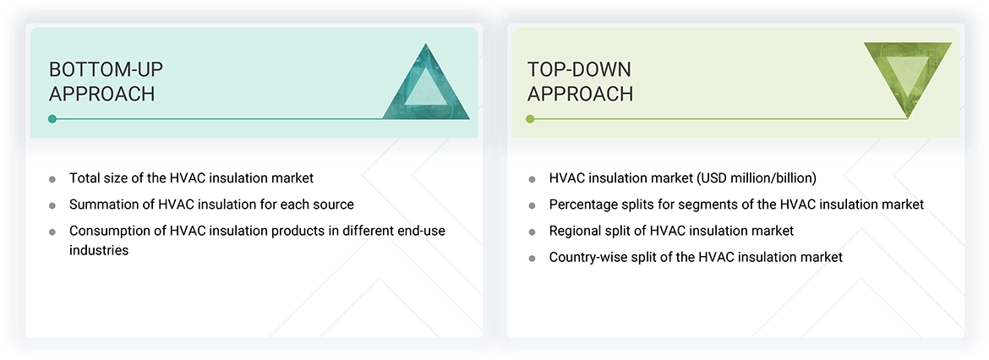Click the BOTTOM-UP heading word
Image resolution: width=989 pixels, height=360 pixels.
(105, 68)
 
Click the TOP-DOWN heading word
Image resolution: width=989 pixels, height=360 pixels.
(579, 68)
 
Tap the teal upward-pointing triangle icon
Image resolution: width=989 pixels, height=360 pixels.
(426, 85)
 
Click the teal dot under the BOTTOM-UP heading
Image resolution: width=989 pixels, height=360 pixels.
(52, 119)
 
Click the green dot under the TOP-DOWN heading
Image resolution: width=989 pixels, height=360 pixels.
(530, 119)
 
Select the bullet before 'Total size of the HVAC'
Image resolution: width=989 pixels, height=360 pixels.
(52, 179)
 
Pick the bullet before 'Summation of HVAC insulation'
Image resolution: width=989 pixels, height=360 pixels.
(52, 205)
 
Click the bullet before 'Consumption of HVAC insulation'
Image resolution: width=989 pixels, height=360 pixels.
(52, 232)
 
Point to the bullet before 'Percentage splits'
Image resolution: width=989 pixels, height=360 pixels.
(532, 205)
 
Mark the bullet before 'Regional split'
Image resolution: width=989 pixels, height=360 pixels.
(532, 232)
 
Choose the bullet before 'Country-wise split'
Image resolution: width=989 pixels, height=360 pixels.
(532, 258)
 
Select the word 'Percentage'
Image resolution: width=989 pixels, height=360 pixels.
(584, 205)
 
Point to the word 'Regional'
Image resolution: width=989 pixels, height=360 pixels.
(576, 231)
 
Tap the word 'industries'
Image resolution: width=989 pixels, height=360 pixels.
(99, 250)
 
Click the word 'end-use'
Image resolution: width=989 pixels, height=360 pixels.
(420, 231)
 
